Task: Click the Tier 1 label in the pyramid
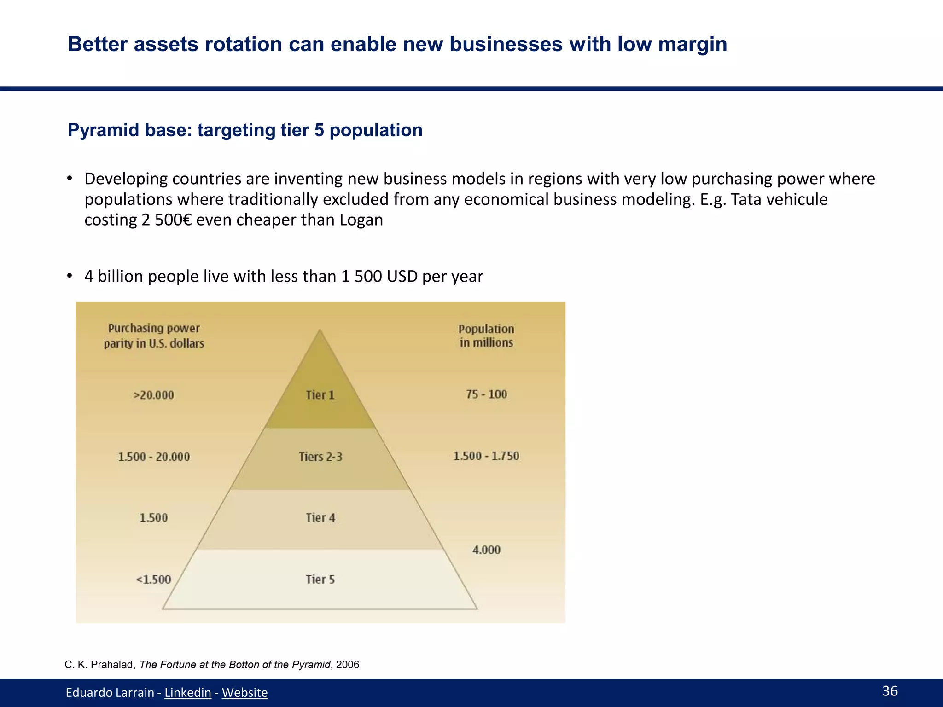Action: click(x=320, y=395)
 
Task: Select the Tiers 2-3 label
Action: click(x=320, y=457)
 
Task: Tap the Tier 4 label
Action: click(x=320, y=518)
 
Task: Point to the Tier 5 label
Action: click(x=320, y=579)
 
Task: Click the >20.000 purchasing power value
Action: click(x=154, y=395)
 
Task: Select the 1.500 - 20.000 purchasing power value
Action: click(x=154, y=457)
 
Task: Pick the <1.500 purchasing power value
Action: click(x=154, y=579)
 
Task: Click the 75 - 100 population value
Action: click(x=486, y=394)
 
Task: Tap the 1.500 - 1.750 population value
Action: click(x=486, y=456)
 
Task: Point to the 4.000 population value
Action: click(x=486, y=550)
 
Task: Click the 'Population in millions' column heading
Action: click(x=486, y=336)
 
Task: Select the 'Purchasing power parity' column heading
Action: click(x=154, y=336)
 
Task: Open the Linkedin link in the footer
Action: click(x=188, y=693)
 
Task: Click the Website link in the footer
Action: click(x=244, y=693)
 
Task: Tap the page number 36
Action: click(x=890, y=691)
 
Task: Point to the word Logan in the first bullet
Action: click(x=361, y=220)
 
